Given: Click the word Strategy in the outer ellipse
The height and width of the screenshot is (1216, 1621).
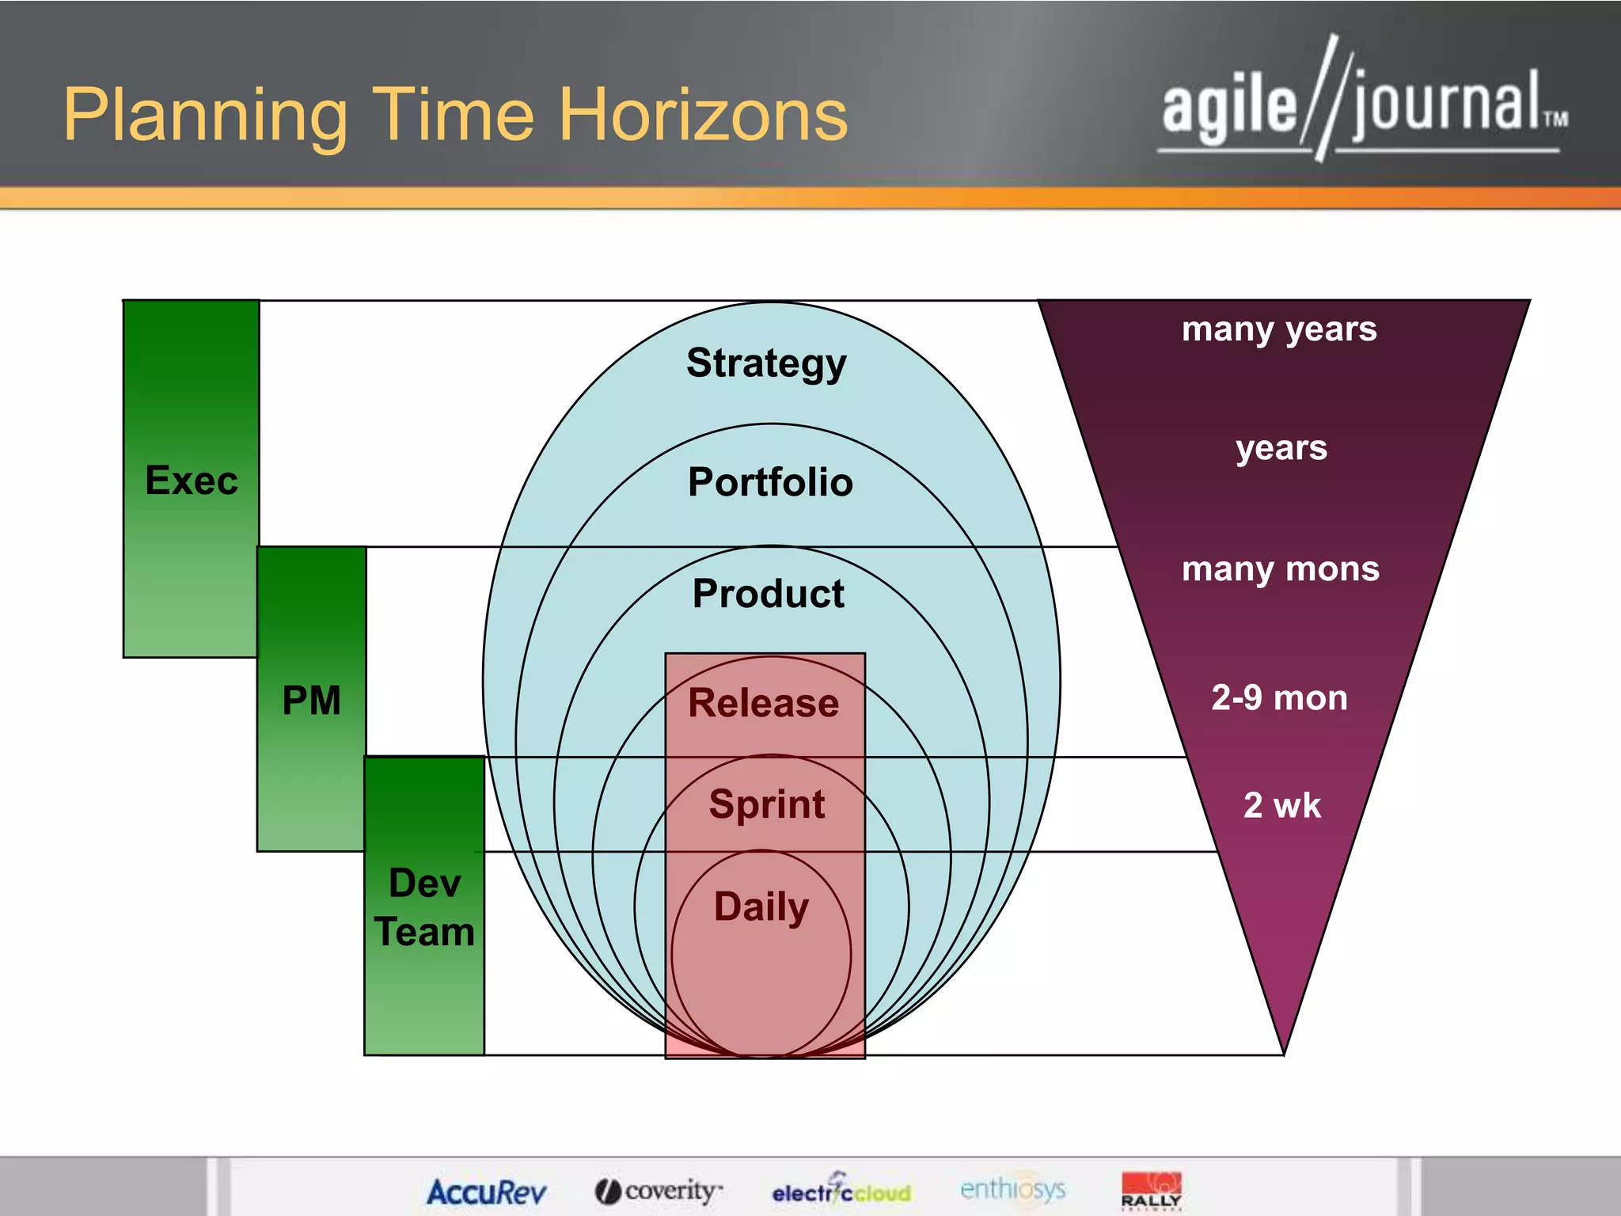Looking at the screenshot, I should pos(766,363).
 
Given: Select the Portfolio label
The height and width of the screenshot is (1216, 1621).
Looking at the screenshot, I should pos(770,482).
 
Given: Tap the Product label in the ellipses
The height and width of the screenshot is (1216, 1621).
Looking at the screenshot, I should pos(768,594).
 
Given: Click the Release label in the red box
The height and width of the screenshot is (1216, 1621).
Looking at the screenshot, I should pos(763,703).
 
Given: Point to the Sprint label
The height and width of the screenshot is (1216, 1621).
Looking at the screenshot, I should pos(766,804).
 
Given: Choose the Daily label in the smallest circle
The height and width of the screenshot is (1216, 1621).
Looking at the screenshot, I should pos(761,906).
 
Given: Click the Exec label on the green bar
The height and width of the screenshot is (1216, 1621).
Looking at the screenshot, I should pos(192,481).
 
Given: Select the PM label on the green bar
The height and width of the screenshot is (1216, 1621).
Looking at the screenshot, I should pos(311,701).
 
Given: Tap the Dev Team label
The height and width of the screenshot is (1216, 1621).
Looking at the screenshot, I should pos(424,907).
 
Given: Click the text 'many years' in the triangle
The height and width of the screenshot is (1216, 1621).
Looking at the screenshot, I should pos(1279,329).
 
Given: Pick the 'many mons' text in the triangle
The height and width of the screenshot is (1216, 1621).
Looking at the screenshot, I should pos(1280,569).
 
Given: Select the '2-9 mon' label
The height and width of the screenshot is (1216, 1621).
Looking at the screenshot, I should pos(1279,698).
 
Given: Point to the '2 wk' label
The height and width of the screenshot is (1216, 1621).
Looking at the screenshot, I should pos(1281,806).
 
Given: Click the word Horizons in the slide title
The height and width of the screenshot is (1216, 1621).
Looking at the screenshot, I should pos(703,116).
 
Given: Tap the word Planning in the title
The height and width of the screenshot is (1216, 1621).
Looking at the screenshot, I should pos(206,117).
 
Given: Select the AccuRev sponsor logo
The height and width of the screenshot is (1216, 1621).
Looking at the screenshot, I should pos(486,1191).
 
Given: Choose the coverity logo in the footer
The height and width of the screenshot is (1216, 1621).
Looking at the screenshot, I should pos(659,1191).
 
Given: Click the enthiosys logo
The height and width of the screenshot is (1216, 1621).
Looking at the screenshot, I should pos(1012,1189).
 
